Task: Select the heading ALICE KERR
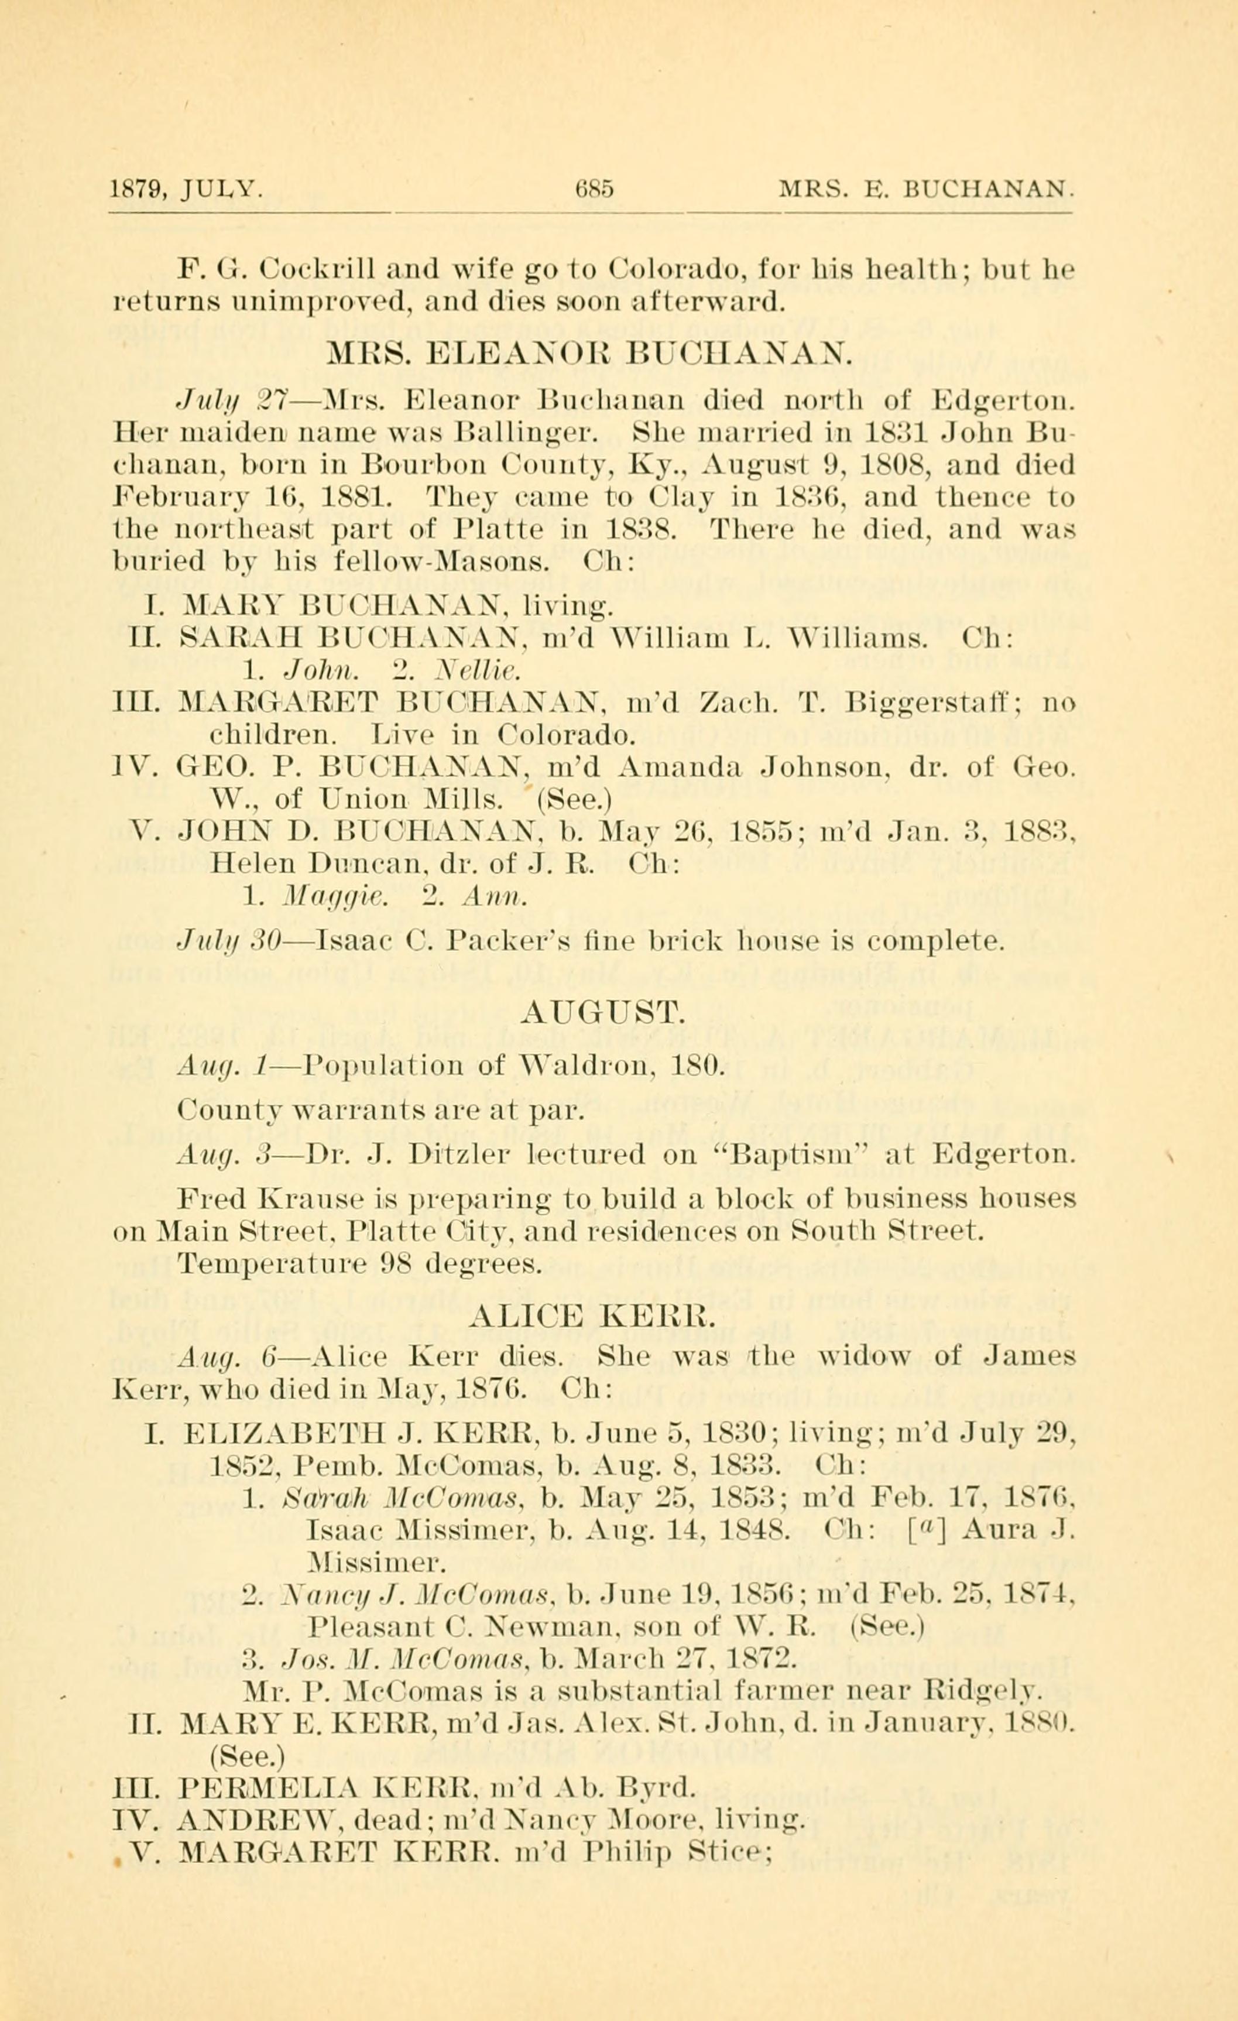pyautogui.click(x=594, y=1317)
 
